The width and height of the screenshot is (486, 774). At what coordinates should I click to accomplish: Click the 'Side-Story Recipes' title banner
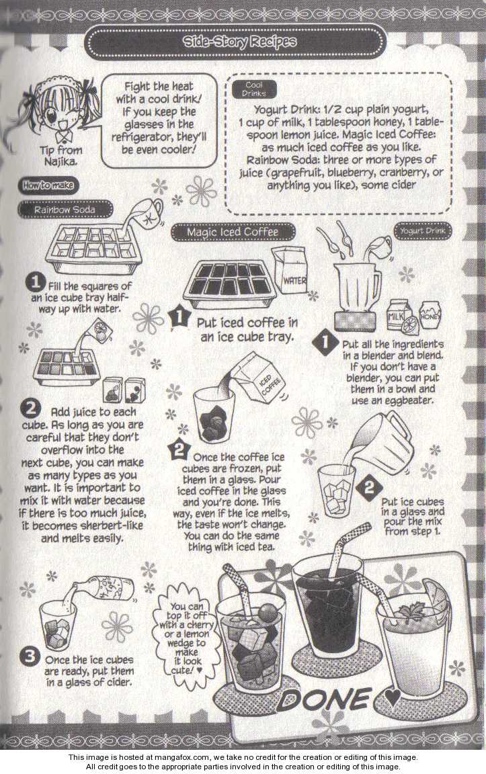[x=235, y=42]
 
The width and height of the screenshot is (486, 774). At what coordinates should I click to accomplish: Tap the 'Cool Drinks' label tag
[x=254, y=89]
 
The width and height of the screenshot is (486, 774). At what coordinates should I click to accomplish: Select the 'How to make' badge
[x=48, y=185]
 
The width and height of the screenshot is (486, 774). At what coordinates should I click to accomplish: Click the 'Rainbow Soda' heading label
[x=65, y=210]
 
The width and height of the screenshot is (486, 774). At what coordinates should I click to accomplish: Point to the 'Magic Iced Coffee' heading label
[x=233, y=232]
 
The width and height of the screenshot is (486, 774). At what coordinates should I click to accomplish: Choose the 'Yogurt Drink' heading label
[x=423, y=230]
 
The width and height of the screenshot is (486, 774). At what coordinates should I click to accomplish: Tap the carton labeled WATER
[x=290, y=271]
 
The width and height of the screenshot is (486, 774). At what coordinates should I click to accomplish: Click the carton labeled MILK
[x=399, y=314]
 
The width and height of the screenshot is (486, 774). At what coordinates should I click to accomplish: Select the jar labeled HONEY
[x=430, y=314]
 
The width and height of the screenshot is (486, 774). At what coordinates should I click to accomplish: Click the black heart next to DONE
[x=393, y=697]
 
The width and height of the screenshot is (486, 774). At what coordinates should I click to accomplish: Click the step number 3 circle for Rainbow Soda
[x=30, y=656]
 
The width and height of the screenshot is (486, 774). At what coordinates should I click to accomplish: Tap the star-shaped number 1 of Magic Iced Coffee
[x=179, y=316]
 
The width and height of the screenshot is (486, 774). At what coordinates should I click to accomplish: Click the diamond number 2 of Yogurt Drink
[x=369, y=488]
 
